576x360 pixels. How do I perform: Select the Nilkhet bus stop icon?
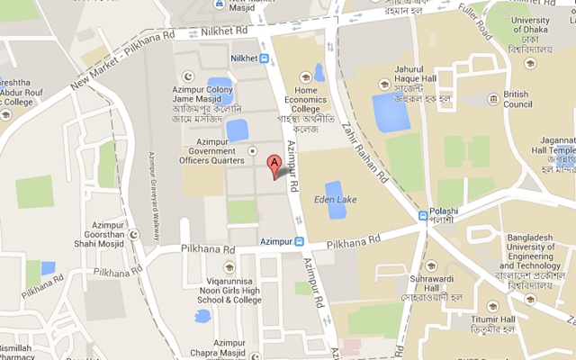tap(265, 58)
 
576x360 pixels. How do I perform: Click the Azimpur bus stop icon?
tap(301, 241)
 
